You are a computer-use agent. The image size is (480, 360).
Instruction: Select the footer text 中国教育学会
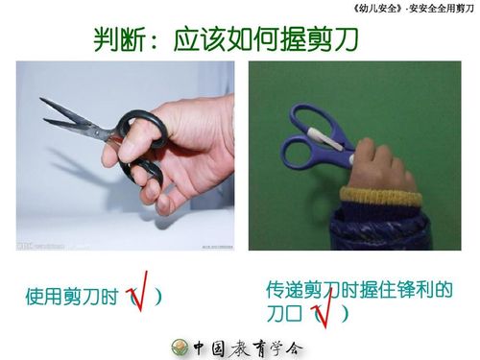(248, 347)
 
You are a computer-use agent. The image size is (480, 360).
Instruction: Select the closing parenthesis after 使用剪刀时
(158, 298)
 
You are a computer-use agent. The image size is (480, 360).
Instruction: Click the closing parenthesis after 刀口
(344, 314)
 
